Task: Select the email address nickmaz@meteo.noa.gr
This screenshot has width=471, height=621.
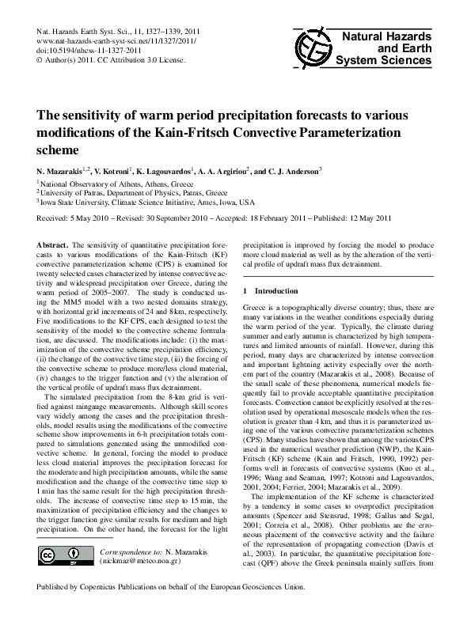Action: [x=139, y=558]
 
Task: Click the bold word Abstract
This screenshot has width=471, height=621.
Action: [x=53, y=246]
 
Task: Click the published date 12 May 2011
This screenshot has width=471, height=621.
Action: [x=370, y=218]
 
